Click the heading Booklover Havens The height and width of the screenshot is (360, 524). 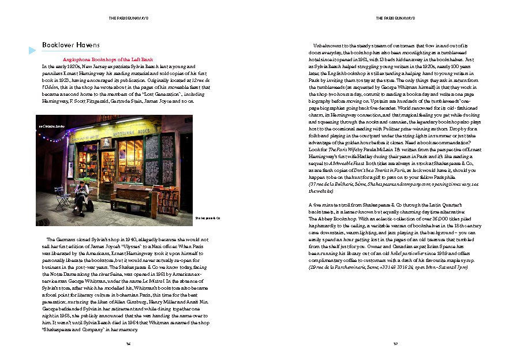click(72, 45)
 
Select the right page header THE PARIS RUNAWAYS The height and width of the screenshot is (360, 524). click(392, 18)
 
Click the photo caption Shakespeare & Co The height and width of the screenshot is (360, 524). click(208, 217)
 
